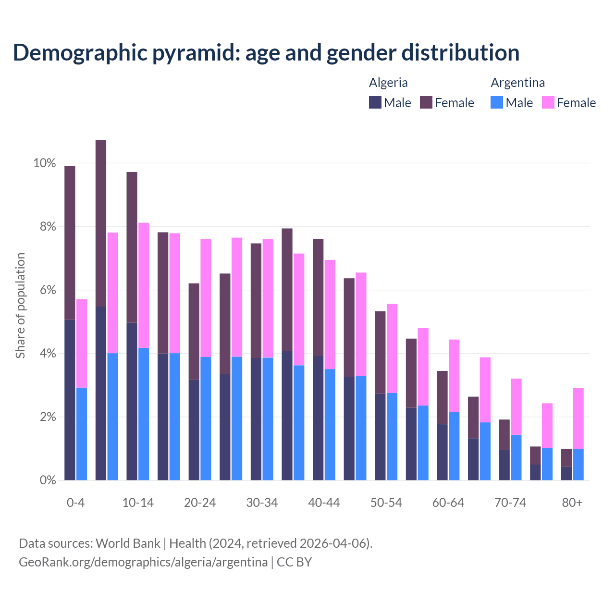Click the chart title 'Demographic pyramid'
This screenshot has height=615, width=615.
click(266, 52)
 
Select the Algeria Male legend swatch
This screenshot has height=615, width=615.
click(375, 102)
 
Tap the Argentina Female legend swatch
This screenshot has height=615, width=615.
click(548, 102)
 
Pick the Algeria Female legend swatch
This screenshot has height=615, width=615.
click(426, 102)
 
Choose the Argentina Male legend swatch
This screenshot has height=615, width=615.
click(497, 102)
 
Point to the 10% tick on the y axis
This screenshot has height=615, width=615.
click(45, 163)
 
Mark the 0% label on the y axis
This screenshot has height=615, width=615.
click(47, 480)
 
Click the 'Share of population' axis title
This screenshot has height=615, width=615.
click(20, 306)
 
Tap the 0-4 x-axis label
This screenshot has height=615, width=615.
click(76, 503)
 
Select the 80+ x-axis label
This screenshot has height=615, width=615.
click(572, 503)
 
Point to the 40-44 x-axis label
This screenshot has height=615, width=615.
click(324, 503)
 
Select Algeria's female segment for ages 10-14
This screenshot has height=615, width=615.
click(132, 247)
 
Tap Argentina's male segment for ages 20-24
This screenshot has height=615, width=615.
click(206, 418)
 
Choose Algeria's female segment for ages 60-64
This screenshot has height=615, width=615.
click(442, 398)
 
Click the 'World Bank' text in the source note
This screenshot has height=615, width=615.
click(128, 543)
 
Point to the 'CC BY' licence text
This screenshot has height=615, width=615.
click(294, 562)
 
